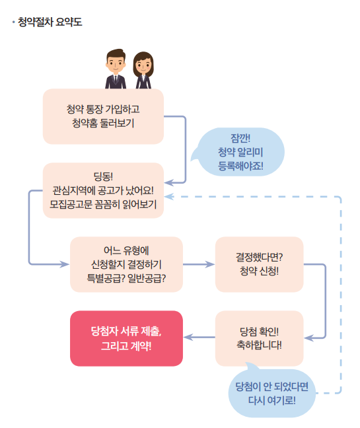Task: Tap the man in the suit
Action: pyautogui.click(x=116, y=69)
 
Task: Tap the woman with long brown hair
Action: pyautogui.click(x=143, y=70)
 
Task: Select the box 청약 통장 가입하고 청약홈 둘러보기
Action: pyautogui.click(x=103, y=116)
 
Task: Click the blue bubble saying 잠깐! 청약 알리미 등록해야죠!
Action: pyautogui.click(x=241, y=151)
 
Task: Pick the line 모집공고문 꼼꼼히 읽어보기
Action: pyautogui.click(x=103, y=204)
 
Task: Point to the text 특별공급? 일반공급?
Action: pyautogui.click(x=126, y=278)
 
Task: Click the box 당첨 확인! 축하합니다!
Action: pyautogui.click(x=260, y=338)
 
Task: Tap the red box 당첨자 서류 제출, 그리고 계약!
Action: pyautogui.click(x=126, y=338)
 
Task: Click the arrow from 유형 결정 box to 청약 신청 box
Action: pyautogui.click(x=199, y=264)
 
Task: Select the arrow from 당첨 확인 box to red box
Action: pyautogui.click(x=199, y=338)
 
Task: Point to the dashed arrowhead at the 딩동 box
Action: pyautogui.click(x=168, y=196)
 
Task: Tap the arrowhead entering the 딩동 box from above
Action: pyautogui.click(x=168, y=181)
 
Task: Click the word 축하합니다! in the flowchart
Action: pyautogui.click(x=260, y=345)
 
